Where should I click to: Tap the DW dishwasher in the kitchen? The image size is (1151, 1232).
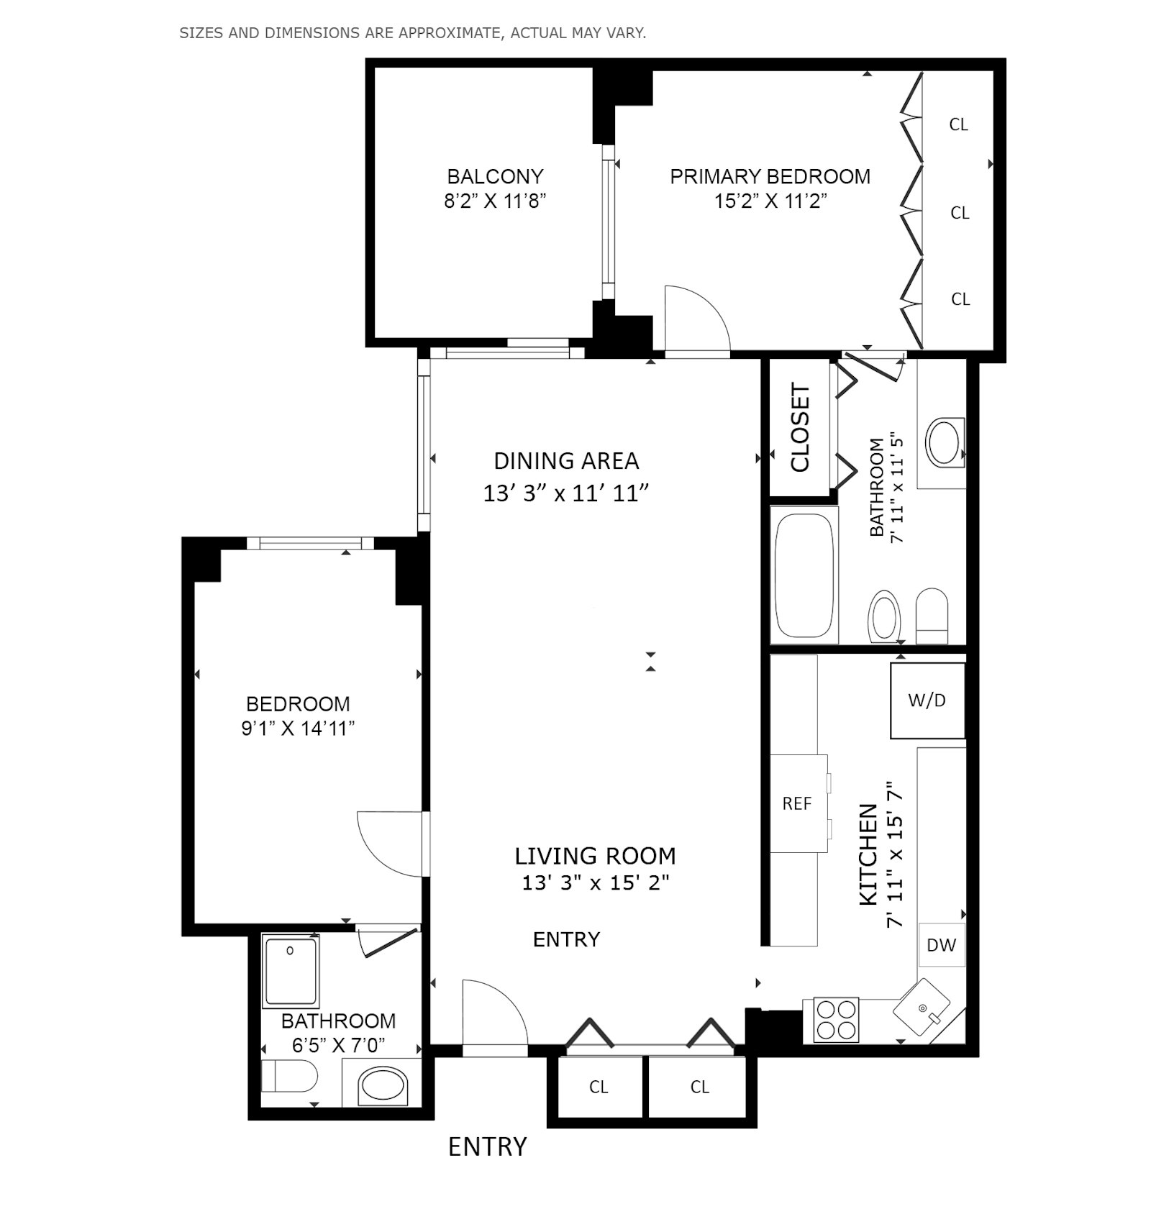941,944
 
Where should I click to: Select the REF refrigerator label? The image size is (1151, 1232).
796,803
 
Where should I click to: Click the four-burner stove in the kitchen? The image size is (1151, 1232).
836,1019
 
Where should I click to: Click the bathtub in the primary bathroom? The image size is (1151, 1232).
804,575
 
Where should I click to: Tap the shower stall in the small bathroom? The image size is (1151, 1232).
290,972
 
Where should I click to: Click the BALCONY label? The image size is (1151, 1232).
495,176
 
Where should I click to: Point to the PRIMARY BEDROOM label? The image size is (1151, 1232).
770,176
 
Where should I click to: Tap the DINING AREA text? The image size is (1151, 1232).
566,460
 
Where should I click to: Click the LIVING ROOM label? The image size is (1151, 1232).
595,856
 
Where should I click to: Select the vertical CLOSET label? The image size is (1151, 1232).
800,427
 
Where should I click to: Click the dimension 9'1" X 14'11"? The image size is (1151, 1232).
298,729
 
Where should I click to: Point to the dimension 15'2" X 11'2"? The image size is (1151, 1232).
770,201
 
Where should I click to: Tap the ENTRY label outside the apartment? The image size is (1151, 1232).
487,1146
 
